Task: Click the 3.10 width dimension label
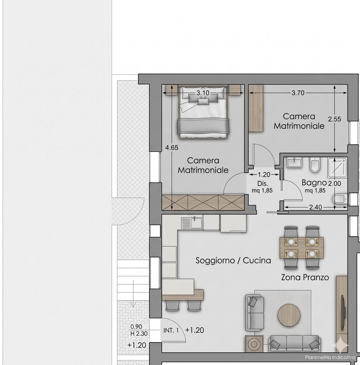[x=203, y=93]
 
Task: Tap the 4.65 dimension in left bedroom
[x=172, y=147]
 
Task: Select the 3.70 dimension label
[x=298, y=93]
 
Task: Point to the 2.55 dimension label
[x=334, y=119]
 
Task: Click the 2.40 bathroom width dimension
[x=316, y=207]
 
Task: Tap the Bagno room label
[x=314, y=183]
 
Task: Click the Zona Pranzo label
[x=305, y=277]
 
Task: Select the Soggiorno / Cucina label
[x=233, y=260]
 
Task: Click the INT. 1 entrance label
[x=171, y=330]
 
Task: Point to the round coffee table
[x=289, y=315]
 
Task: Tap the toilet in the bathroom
[x=315, y=165]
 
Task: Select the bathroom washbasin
[x=294, y=162]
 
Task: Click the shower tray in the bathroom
[x=337, y=168]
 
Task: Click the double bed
[x=203, y=112]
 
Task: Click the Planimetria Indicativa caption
[x=330, y=357]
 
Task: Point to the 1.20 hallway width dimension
[x=264, y=174]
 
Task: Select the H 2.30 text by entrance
[x=139, y=334]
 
